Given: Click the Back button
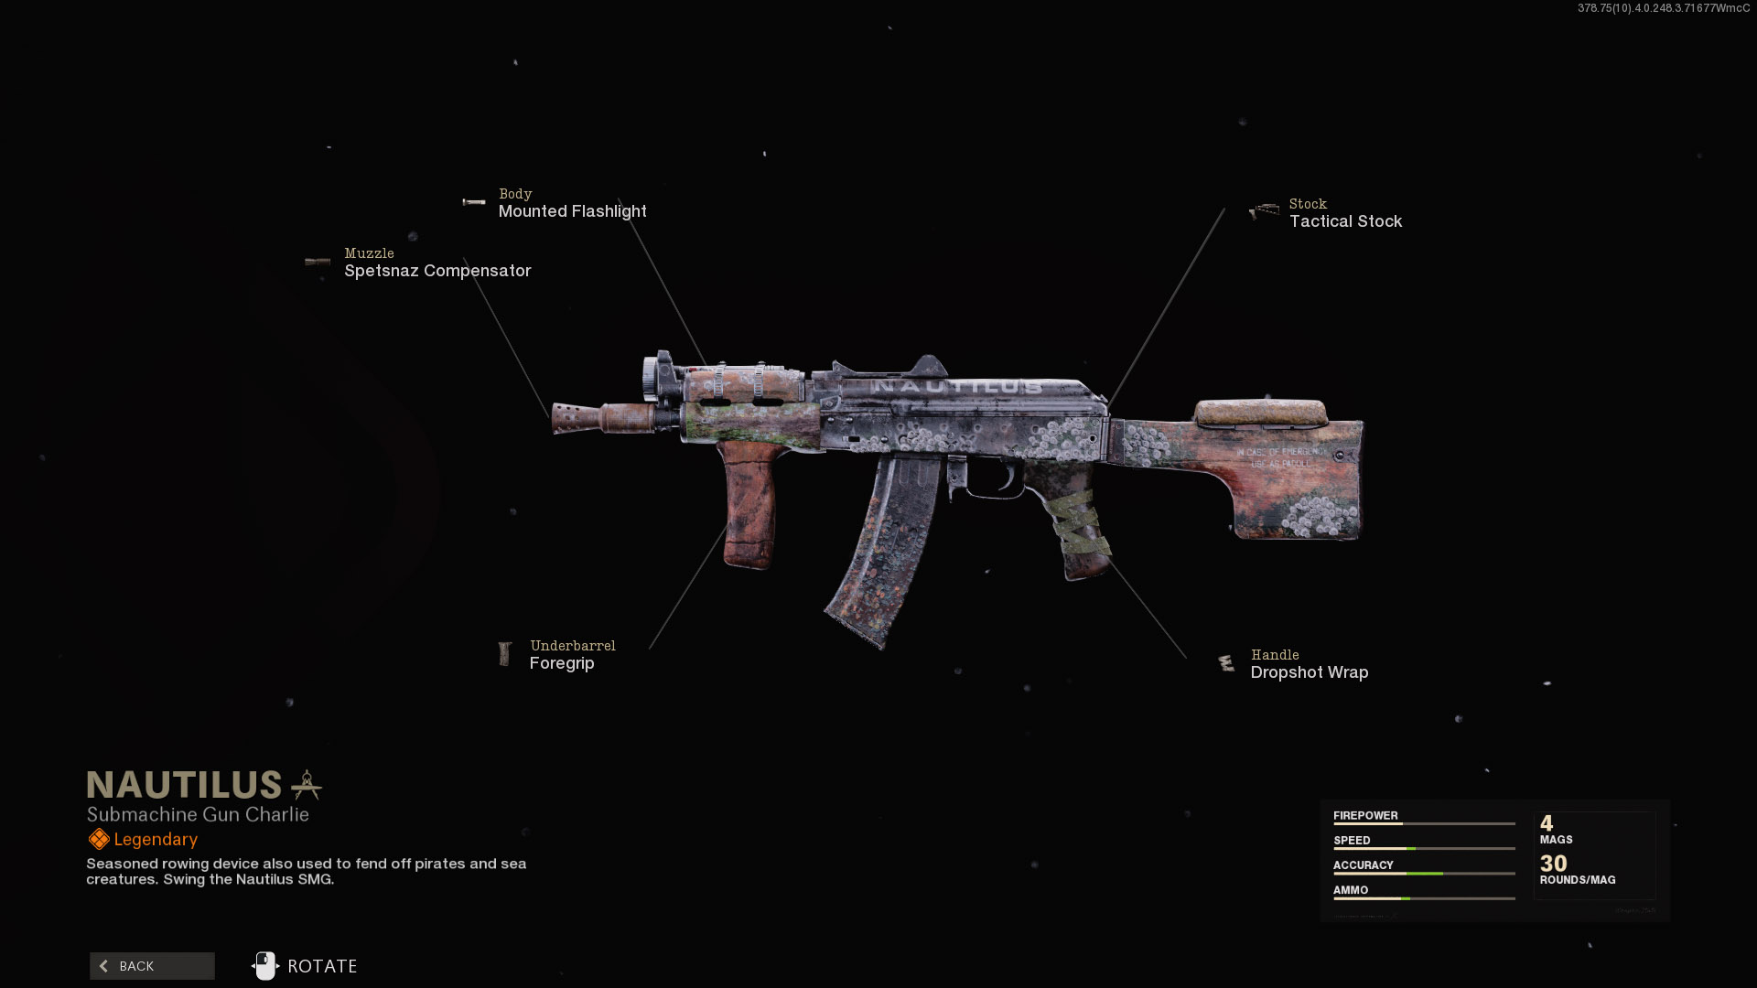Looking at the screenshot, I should pos(152,966).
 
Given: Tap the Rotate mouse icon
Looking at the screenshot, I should pos(265,966).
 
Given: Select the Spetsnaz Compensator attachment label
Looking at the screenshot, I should pos(437,271).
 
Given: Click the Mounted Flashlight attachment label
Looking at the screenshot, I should pos(572,211).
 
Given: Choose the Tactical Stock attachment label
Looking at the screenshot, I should pos(1344,221).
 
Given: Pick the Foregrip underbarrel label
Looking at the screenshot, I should pos(562,663).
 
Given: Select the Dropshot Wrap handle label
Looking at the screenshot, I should pos(1309,672).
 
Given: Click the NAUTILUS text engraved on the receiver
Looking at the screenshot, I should pos(956,387).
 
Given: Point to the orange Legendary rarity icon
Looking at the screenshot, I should pos(99,839).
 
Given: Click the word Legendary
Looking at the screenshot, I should pos(156,839).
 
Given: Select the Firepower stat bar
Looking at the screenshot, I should pos(1424,823).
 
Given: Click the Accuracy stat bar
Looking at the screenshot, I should pos(1424,873).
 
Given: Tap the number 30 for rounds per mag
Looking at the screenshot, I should pos(1553,863).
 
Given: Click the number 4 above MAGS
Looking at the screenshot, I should pos(1547,822).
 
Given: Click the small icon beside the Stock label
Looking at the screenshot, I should pos(1265,211).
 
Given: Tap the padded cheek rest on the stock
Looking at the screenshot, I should pos(1261,413).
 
